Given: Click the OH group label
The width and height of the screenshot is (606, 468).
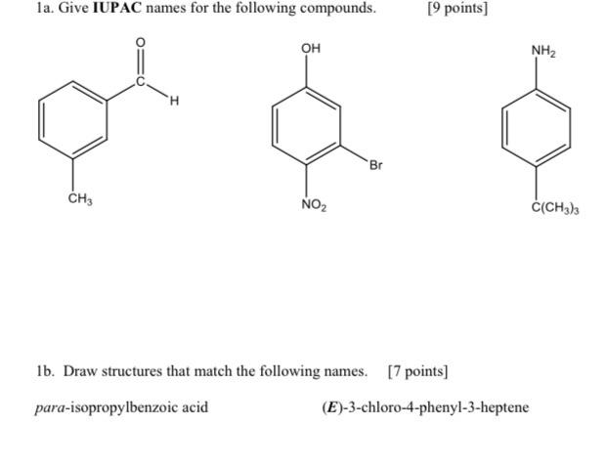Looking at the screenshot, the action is [x=311, y=48].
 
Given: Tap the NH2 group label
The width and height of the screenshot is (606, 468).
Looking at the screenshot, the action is [x=543, y=51].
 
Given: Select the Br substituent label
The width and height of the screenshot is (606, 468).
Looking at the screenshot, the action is [x=376, y=165].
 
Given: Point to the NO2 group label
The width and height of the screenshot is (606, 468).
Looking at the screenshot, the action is [x=314, y=206].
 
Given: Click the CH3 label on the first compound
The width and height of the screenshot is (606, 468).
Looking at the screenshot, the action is [x=80, y=199].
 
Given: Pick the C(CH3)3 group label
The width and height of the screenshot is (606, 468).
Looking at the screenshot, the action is [x=555, y=208].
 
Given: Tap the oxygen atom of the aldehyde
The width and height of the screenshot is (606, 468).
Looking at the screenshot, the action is [x=140, y=43].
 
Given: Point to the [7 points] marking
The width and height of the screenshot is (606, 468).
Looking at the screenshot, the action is [x=417, y=371].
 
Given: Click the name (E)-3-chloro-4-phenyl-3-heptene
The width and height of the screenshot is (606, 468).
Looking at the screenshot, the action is [x=425, y=406].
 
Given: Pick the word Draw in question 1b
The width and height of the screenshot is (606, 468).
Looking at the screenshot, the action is [x=81, y=371].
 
